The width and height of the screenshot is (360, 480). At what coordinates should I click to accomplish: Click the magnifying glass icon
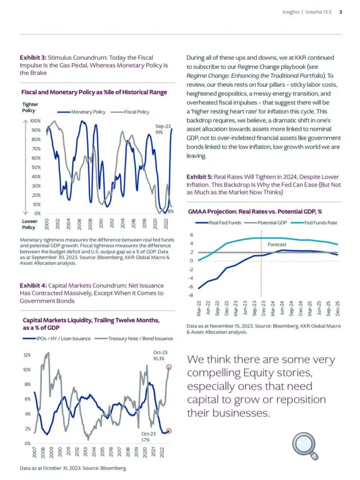[x=305, y=445]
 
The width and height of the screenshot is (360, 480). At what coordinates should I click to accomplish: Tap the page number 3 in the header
[x=340, y=12]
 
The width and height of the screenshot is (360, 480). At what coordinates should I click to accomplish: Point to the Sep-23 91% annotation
[x=163, y=129]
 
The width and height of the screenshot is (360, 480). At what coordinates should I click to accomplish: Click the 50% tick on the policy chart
[x=36, y=167]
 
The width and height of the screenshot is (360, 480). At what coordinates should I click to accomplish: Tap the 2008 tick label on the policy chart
[x=90, y=223]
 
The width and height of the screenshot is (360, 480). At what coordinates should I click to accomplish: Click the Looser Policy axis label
[x=30, y=224]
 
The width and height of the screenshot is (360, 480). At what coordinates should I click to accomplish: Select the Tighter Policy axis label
[x=30, y=107]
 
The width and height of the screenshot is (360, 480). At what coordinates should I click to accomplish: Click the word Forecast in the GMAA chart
[x=277, y=245]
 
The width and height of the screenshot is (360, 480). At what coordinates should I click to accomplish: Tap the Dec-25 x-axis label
[x=337, y=308]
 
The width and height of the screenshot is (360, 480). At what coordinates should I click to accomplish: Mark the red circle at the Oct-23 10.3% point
[x=169, y=367]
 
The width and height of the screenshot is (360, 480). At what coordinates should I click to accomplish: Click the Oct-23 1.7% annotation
[x=148, y=437]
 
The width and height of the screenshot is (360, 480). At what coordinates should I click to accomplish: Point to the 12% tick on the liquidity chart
[x=27, y=355]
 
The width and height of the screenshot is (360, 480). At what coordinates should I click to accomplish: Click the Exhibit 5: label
[x=199, y=177]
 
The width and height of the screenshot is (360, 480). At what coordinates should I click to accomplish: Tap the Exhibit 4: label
[x=33, y=286]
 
